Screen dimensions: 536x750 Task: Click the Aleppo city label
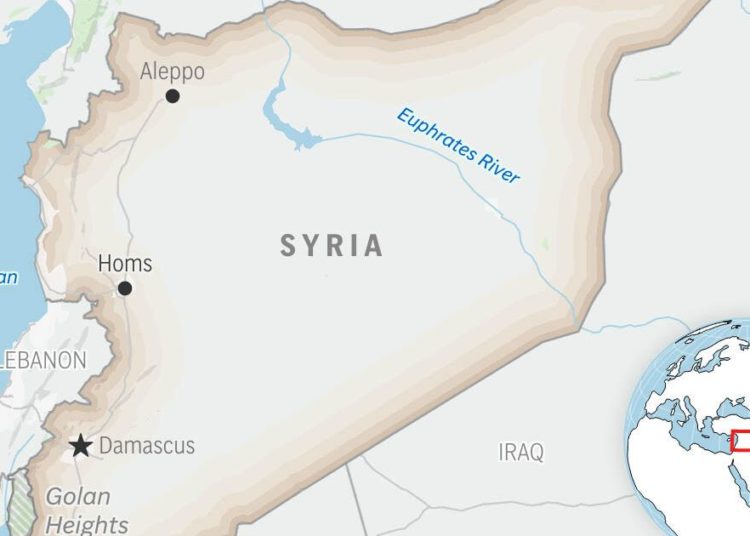(172, 72)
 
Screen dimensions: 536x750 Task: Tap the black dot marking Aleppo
(173, 96)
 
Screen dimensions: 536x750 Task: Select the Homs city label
(125, 264)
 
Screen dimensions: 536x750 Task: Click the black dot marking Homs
(125, 288)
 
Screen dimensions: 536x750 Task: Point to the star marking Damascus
(80, 446)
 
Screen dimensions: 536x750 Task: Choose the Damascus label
(147, 446)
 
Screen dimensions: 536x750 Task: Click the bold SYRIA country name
(331, 246)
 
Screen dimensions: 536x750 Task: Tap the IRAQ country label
(521, 452)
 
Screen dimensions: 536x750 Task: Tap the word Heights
(87, 524)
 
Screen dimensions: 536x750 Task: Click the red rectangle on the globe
(741, 440)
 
